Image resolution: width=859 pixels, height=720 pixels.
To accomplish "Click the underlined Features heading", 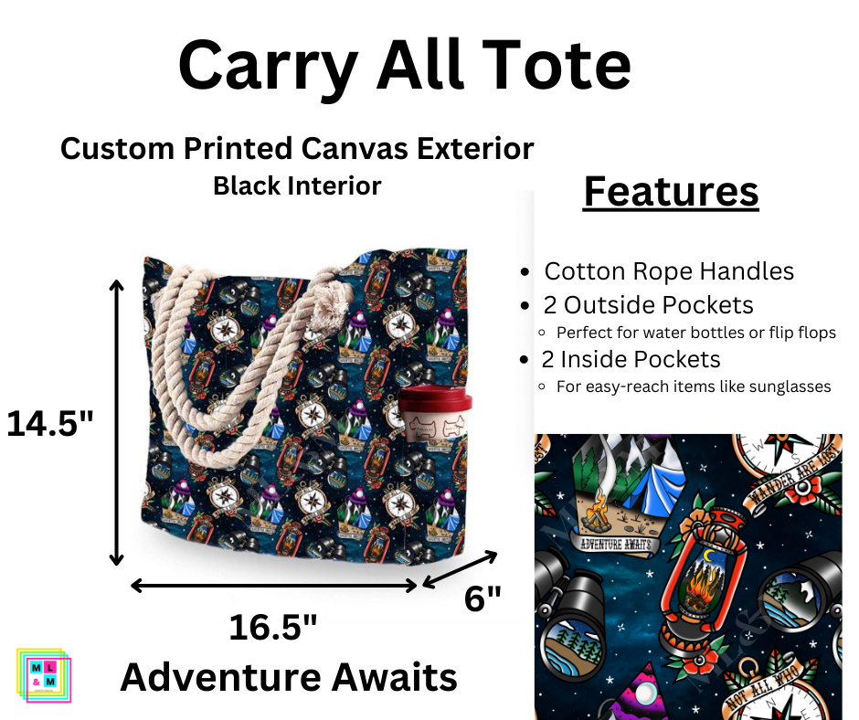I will coord(671,192).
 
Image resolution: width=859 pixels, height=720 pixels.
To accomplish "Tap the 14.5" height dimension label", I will coord(51,423).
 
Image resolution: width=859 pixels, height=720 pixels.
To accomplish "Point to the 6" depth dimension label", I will coord(483,599).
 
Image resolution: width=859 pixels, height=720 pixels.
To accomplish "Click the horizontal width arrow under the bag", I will coord(274,585).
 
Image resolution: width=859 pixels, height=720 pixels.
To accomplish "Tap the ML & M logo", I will coord(44,675).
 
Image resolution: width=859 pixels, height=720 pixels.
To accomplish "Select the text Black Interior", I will coord(297,185).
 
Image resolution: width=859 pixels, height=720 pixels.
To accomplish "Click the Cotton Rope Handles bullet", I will coord(668,271).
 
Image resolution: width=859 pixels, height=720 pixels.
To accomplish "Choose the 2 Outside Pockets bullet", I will coord(648,304).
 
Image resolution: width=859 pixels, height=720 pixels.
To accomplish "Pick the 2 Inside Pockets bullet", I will coord(631,359).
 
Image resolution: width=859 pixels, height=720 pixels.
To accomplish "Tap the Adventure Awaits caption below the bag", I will coord(289,677).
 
